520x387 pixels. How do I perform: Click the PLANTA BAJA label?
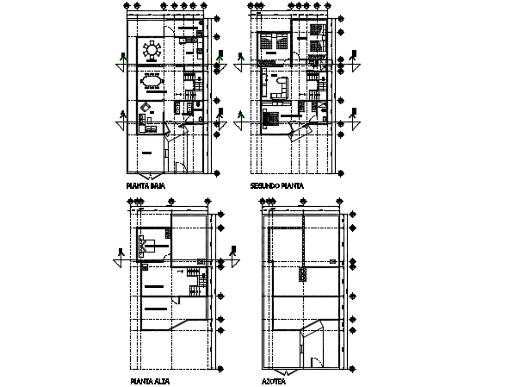tap(146, 184)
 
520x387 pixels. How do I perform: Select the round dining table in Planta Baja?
tap(153, 50)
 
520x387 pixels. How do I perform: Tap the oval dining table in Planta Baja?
tap(153, 82)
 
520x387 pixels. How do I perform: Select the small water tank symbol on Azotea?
tap(303, 274)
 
